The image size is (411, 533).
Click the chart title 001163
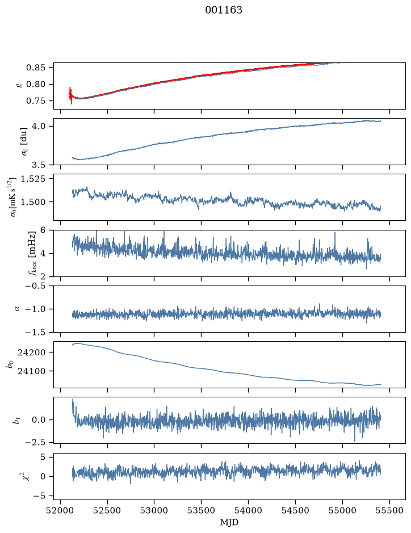click(x=223, y=10)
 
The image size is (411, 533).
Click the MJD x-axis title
click(x=229, y=522)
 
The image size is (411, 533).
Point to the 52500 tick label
click(x=107, y=510)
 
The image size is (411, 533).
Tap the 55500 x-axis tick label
click(x=389, y=510)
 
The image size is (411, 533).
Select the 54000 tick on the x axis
click(x=249, y=510)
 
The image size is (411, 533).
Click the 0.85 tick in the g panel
click(x=35, y=68)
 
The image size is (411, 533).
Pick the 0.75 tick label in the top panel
click(x=35, y=101)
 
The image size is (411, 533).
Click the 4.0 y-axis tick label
click(x=38, y=126)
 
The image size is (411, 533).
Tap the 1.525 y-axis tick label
click(x=32, y=178)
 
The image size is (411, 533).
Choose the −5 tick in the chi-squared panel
click(x=39, y=496)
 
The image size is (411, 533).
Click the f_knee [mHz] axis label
click(x=32, y=253)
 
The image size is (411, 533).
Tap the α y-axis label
click(x=17, y=309)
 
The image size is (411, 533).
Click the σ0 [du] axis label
click(x=25, y=141)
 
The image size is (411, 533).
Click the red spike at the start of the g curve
click(x=71, y=95)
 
